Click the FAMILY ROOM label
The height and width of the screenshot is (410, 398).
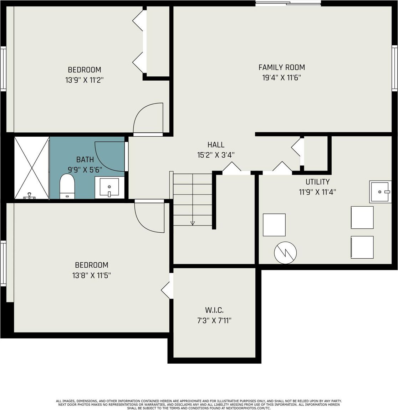point(281,67)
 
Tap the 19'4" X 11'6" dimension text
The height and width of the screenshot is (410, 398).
point(282,78)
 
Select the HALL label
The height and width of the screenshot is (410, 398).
point(216,145)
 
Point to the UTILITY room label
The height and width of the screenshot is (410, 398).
point(317,182)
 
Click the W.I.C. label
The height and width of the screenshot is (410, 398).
point(214,310)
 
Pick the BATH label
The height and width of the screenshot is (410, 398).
point(85,160)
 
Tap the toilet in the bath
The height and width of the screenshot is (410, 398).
point(67,186)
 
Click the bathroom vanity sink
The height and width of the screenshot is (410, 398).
point(109,187)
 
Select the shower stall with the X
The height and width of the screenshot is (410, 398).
point(32,168)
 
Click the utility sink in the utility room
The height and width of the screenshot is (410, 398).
point(381,192)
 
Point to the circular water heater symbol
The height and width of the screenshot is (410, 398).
point(285,253)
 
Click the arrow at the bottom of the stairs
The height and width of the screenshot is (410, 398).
point(193,223)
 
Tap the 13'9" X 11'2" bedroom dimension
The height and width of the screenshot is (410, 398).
point(85,80)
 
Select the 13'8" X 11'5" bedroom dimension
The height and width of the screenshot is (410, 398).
point(91,275)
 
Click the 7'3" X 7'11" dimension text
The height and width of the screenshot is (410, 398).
point(214,320)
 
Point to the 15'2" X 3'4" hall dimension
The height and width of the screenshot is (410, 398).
point(216,155)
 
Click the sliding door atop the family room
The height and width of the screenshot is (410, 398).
point(288,4)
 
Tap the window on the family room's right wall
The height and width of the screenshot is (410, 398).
point(394,68)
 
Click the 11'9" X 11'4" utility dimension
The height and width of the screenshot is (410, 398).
point(317,192)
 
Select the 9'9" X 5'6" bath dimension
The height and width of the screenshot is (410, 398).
point(85,170)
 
